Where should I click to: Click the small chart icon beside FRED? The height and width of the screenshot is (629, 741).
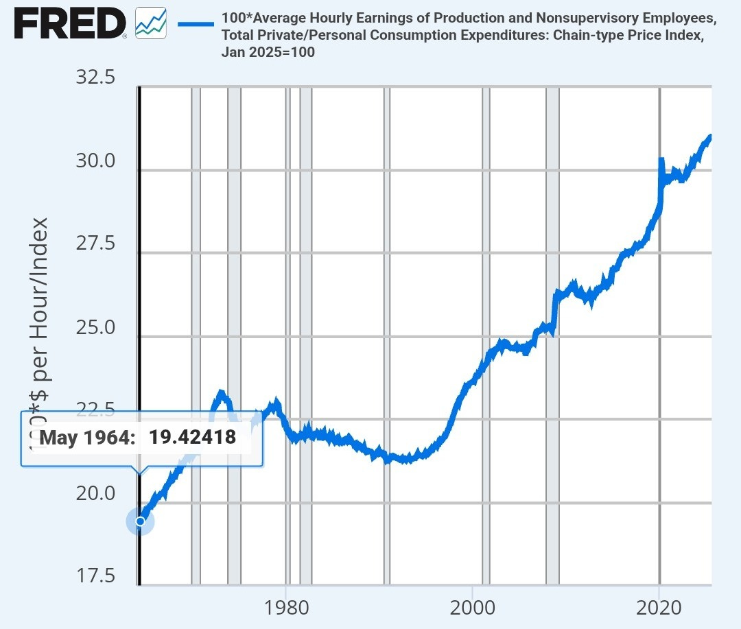[x=150, y=24]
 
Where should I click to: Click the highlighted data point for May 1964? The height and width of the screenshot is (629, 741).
[x=140, y=521]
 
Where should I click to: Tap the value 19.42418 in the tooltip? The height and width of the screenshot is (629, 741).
[x=192, y=438]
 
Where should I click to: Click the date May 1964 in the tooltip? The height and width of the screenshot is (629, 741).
[x=87, y=438]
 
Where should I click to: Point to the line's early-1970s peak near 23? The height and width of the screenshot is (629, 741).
[x=220, y=394]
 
